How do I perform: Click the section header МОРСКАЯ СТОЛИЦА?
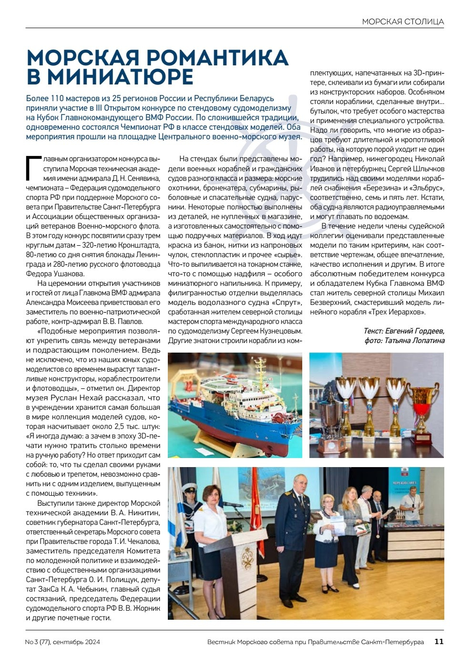coord(403,21)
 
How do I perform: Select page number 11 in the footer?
coord(439,642)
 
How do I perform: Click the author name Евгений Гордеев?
coord(418,331)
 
